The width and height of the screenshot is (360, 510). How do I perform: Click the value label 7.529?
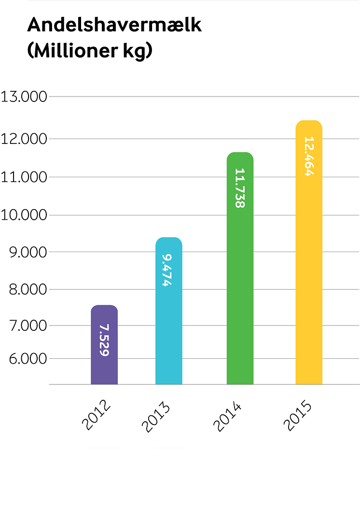[104, 340]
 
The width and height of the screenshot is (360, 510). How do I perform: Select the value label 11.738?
[240, 188]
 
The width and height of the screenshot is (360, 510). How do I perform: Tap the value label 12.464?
[309, 156]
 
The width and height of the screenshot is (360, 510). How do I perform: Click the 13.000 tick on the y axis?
[24, 97]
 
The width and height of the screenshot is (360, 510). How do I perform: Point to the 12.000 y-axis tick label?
[24, 139]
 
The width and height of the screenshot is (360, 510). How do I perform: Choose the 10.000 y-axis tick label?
[24, 215]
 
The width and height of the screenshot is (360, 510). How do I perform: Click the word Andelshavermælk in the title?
[114, 25]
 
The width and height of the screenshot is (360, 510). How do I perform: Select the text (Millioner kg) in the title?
[90, 51]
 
